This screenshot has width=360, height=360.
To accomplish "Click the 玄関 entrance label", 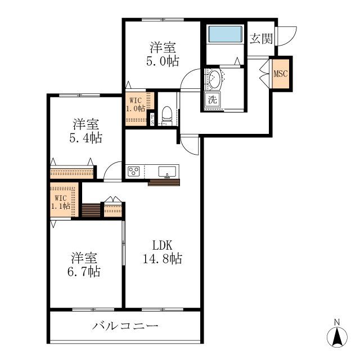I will click(x=262, y=39).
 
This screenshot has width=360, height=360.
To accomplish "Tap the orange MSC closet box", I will click(x=281, y=74).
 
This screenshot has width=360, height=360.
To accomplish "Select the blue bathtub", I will click(x=224, y=34).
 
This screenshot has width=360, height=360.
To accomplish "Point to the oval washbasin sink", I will click(x=214, y=80).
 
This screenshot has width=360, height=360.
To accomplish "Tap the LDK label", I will click(x=161, y=245).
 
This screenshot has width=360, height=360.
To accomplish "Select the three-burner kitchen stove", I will click(x=134, y=172).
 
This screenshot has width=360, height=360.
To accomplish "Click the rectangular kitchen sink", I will click(x=168, y=171).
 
